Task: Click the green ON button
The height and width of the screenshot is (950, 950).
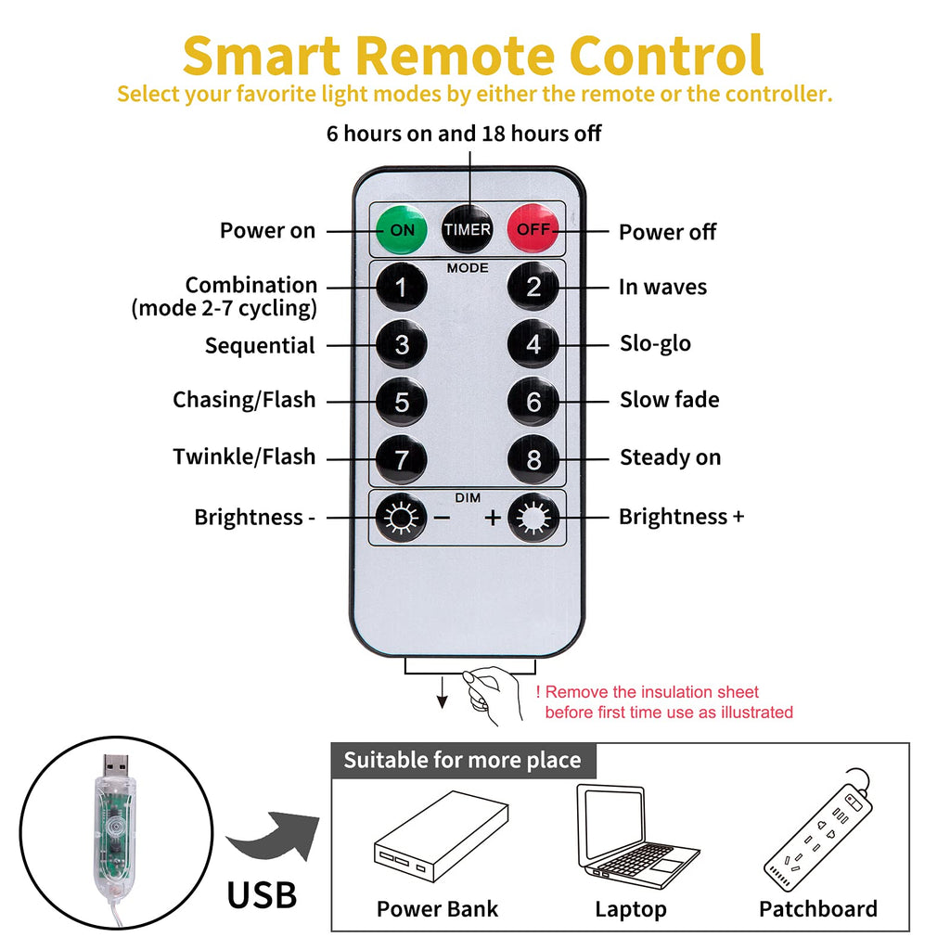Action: (x=402, y=229)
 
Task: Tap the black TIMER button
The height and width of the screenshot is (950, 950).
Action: (x=467, y=229)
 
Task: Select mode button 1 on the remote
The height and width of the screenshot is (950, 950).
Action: (x=402, y=288)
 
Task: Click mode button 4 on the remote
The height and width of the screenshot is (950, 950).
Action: (x=533, y=344)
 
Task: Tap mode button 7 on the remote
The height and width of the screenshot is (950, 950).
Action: (x=402, y=458)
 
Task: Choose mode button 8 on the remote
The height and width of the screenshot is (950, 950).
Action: (x=533, y=458)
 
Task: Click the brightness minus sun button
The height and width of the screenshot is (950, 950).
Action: (x=402, y=518)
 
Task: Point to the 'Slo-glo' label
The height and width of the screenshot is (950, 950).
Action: (x=655, y=344)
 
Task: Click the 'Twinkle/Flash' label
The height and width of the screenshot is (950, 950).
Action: (x=244, y=457)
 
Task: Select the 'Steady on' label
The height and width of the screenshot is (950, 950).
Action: (x=670, y=457)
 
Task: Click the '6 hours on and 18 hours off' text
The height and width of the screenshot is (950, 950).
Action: (x=464, y=134)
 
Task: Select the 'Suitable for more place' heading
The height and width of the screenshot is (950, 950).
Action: (x=462, y=761)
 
